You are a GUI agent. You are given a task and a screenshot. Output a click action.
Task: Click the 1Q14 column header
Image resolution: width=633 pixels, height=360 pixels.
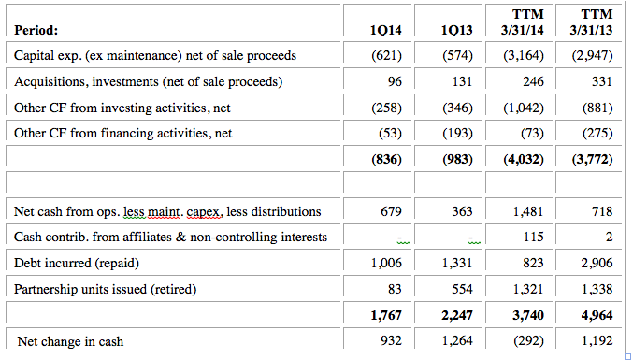(x=386, y=31)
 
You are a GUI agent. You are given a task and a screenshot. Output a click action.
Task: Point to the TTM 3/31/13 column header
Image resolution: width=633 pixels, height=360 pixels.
(x=595, y=23)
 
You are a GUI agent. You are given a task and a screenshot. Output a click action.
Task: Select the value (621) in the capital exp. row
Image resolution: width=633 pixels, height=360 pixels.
(x=386, y=56)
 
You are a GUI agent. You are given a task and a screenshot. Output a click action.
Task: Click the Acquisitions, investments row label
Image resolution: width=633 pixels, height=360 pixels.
(x=149, y=81)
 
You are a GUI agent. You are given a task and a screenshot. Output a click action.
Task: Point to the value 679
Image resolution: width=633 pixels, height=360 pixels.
(x=390, y=211)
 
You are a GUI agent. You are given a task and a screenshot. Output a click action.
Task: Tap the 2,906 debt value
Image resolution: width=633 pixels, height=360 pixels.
(x=596, y=264)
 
